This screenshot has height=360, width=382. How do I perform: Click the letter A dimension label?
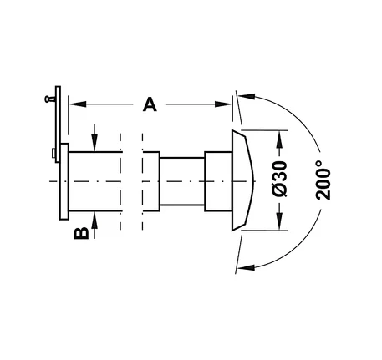coord(150,104)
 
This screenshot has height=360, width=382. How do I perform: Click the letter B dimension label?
coord(81,233)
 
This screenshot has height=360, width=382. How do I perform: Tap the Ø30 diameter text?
coord(279,179)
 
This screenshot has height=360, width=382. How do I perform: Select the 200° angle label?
coord(323,180)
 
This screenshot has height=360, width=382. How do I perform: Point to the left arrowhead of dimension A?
coord(77,104)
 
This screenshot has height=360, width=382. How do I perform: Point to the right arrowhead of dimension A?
coord(223,104)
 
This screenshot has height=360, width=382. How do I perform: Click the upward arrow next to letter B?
coord(94,225)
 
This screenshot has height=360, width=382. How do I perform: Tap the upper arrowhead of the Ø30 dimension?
coord(279,139)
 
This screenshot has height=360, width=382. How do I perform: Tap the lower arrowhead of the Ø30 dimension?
coord(279,222)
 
